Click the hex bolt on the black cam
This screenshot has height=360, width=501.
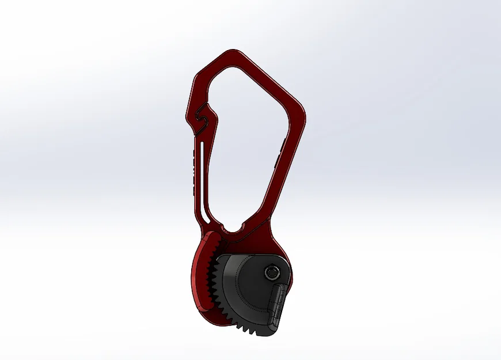(270, 272)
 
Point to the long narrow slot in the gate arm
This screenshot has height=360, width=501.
(202, 173)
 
